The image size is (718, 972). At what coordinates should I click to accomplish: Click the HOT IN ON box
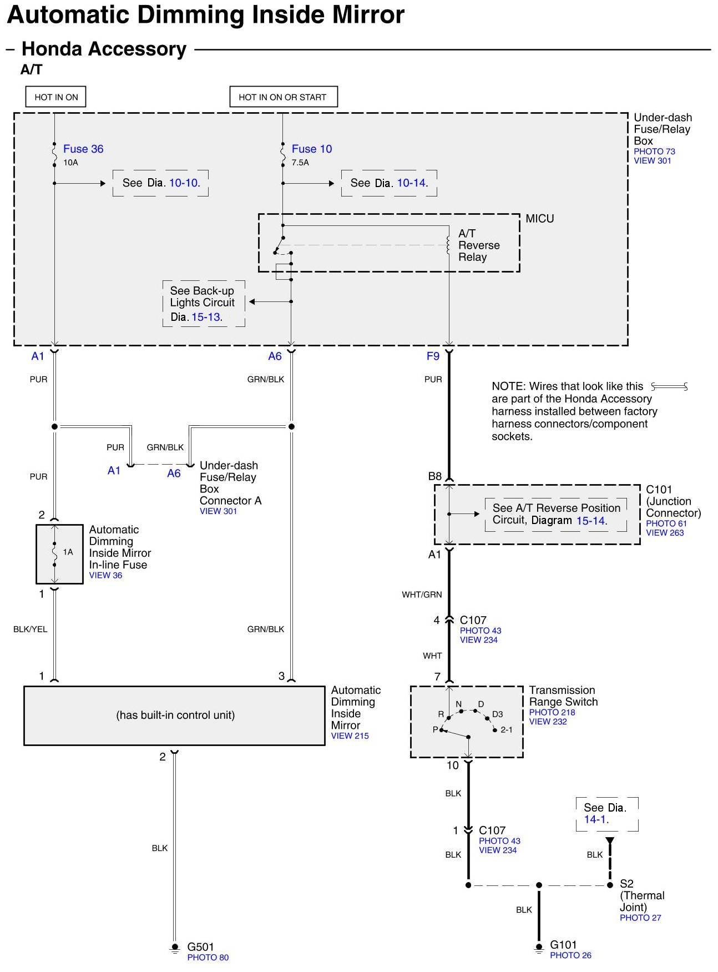[56, 97]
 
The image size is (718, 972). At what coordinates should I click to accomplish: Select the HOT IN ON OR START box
[283, 97]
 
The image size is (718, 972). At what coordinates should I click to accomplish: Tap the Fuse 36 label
[83, 149]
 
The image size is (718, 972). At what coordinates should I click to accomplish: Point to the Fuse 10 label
[311, 149]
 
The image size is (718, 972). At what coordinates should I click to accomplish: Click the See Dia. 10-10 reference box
[160, 183]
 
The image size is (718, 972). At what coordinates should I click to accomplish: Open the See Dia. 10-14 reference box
[389, 183]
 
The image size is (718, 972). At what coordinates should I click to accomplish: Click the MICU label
[539, 219]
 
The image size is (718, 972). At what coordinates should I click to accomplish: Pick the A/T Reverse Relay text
[478, 245]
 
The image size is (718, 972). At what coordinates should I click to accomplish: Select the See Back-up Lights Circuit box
[203, 303]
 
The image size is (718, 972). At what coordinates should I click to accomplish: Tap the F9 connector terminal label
[433, 356]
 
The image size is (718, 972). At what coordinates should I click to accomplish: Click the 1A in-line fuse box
[59, 553]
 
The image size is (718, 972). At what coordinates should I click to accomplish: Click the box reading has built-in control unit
[175, 715]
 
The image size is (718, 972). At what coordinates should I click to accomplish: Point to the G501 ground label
[200, 946]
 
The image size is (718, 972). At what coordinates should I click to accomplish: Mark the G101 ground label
[563, 944]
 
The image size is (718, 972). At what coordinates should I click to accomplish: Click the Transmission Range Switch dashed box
[467, 721]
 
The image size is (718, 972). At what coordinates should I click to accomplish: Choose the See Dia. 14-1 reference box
[607, 813]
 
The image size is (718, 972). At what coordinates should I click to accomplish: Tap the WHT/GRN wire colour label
[422, 595]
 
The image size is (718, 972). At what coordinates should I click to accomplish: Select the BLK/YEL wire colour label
[31, 629]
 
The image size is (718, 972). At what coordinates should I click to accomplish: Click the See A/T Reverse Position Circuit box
[555, 514]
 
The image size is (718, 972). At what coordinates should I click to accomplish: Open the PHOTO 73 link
[654, 151]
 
